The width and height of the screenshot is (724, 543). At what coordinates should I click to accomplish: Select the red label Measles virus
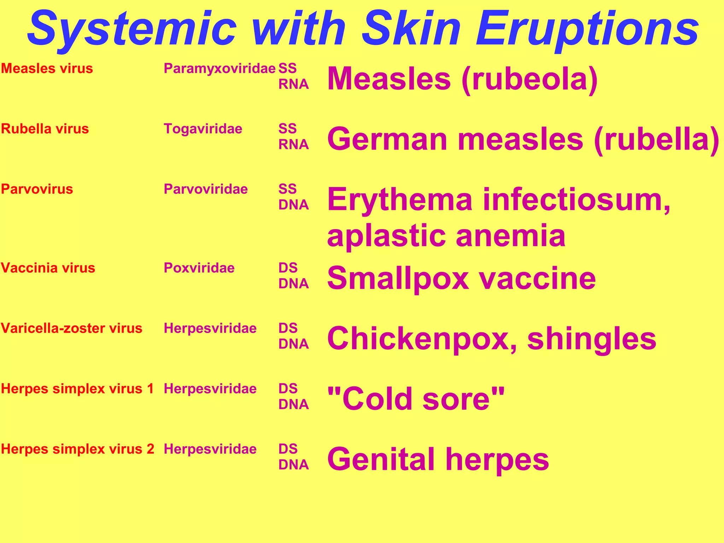(47, 69)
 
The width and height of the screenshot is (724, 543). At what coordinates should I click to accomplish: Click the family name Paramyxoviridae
(219, 69)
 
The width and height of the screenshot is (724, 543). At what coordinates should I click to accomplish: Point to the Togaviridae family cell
(203, 129)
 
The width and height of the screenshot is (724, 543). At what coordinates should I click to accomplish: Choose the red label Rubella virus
(45, 129)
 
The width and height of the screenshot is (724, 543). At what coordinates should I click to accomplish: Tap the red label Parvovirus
(37, 189)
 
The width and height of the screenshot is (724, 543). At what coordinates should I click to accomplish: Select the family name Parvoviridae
(206, 189)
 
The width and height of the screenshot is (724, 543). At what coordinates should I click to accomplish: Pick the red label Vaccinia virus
(48, 268)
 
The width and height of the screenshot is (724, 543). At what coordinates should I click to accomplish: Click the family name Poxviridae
(199, 268)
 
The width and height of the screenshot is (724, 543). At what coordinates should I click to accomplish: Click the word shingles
(591, 339)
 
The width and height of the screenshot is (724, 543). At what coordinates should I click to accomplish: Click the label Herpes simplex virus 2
(77, 449)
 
